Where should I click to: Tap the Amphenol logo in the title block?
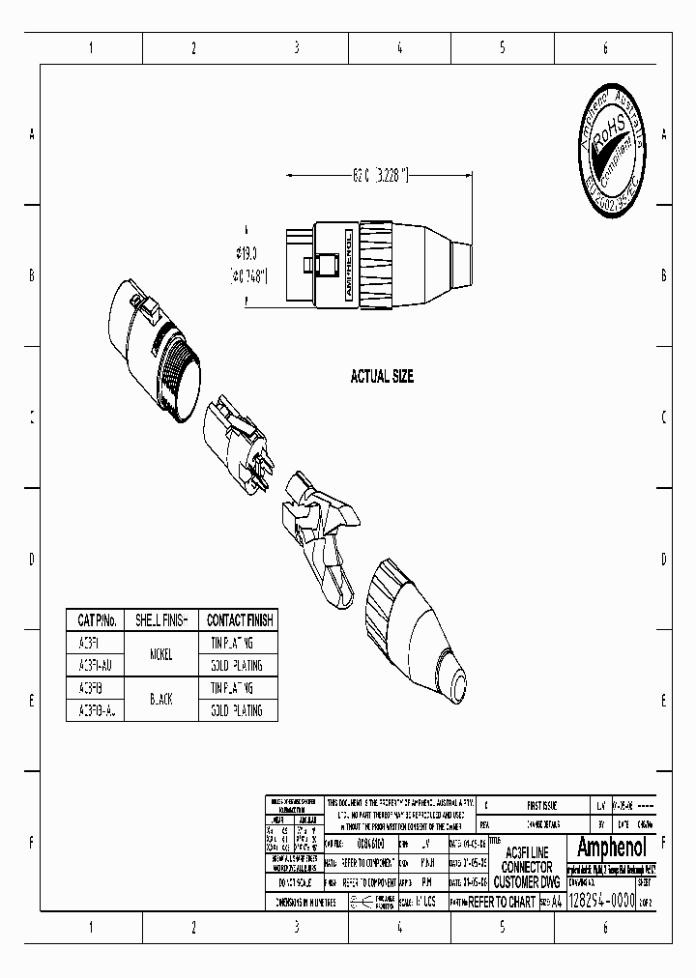pos(615,848)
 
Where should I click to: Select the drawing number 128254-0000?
pos(599,901)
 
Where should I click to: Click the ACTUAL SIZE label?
pos(382,377)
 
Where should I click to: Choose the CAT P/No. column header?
pos(98,619)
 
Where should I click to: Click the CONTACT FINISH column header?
pos(239,619)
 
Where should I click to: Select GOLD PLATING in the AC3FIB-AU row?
pos(237,710)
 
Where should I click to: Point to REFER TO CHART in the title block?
pos(502,902)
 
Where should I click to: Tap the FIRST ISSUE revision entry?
pos(541,804)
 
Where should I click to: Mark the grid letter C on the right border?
pos(663,417)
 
